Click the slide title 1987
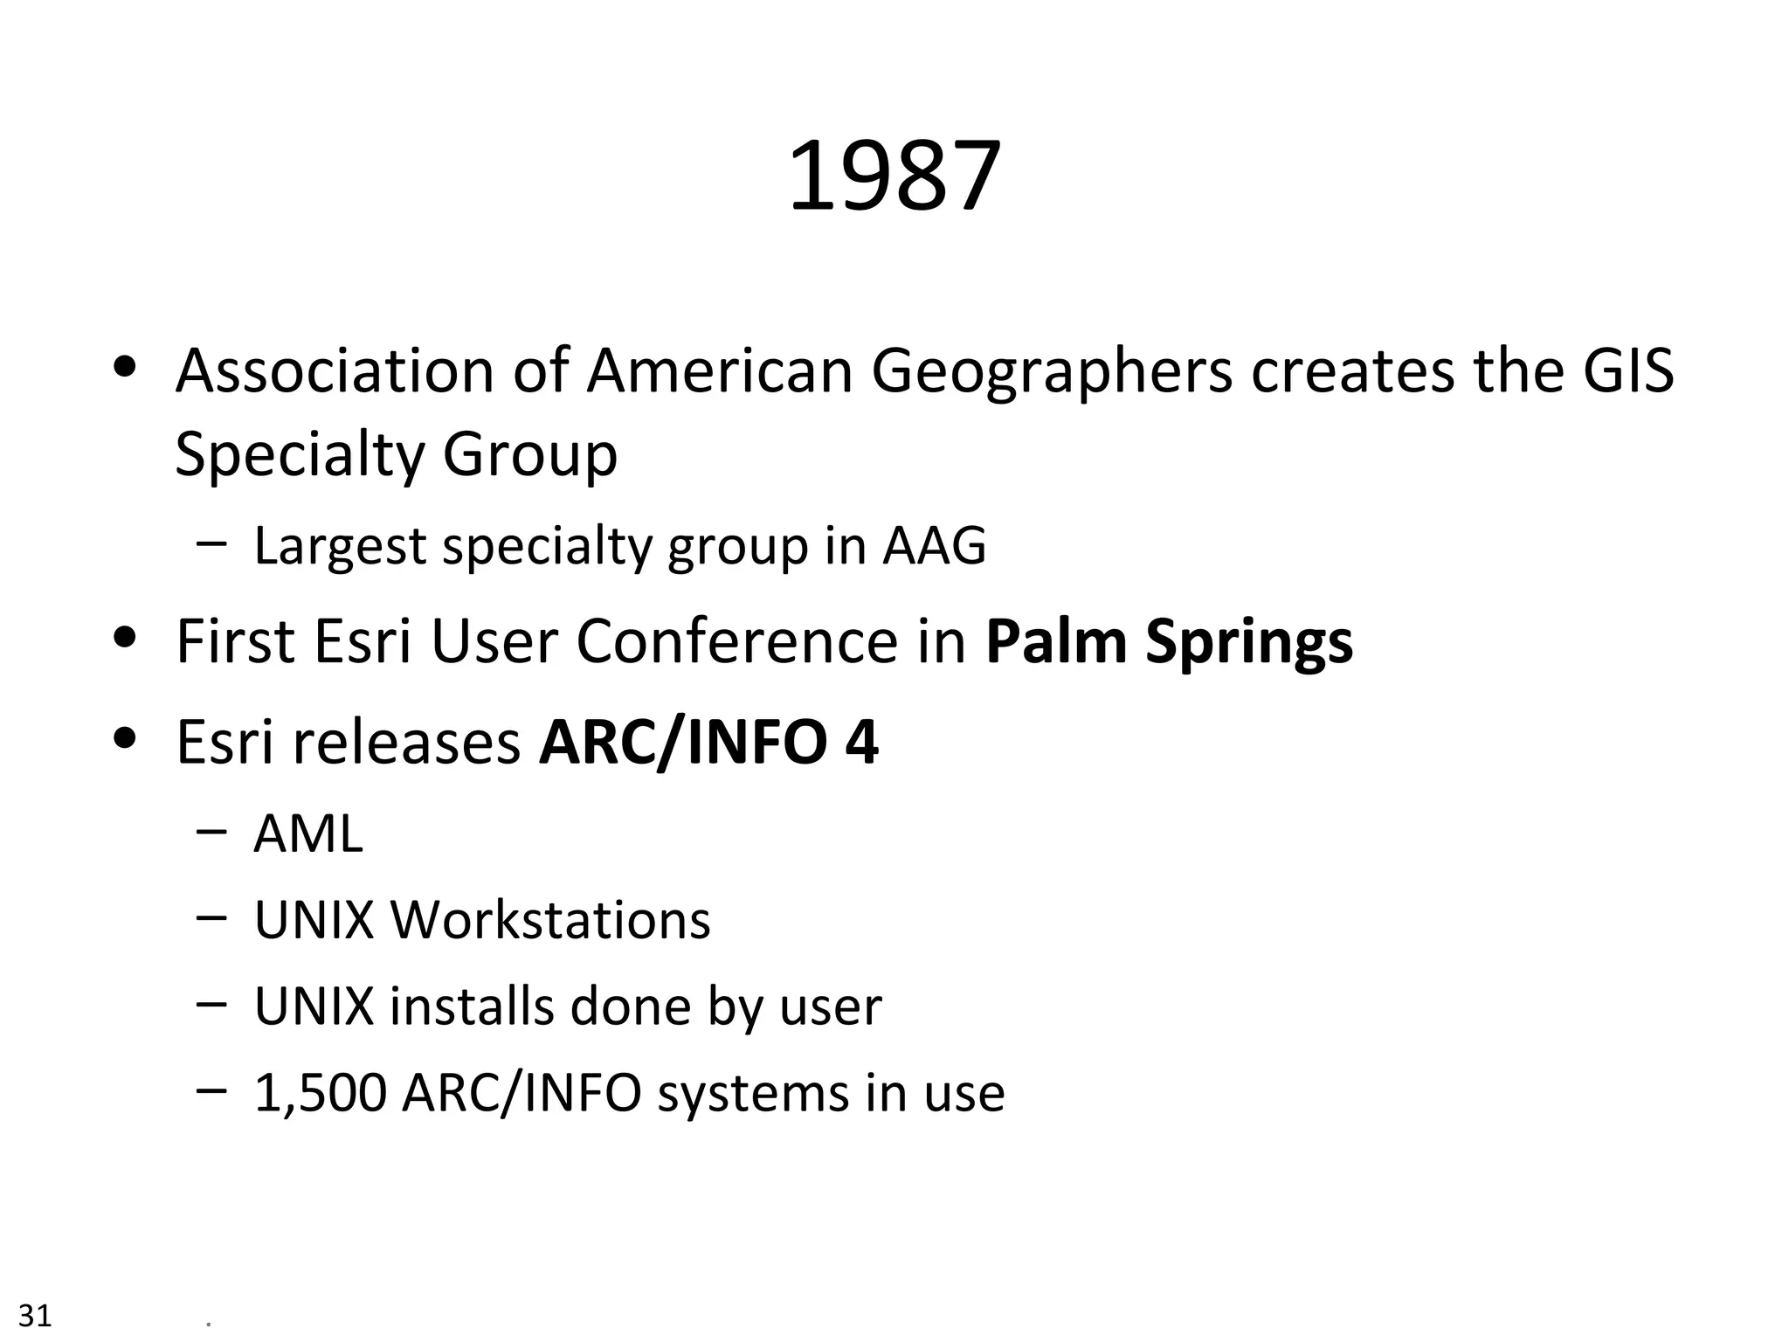point(894,176)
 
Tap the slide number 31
point(35,1315)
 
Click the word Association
point(335,370)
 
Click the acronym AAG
point(934,546)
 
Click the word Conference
point(736,641)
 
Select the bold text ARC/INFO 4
point(708,742)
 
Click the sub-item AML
point(307,834)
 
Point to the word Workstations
point(549,920)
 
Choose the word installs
point(472,1006)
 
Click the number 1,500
point(320,1093)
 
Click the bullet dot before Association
point(127,368)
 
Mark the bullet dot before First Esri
point(127,638)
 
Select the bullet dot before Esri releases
point(127,739)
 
